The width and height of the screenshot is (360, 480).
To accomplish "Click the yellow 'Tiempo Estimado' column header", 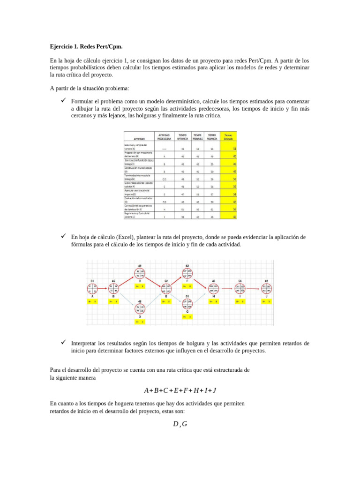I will (x=229, y=136).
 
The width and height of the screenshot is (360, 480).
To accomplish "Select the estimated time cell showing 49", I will (x=229, y=164).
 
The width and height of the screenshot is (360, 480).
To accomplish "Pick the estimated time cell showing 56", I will (x=229, y=209).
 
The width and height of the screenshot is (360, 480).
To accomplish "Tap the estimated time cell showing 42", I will (x=229, y=217).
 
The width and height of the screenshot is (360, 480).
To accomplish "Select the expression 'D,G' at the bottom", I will (x=180, y=425).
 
